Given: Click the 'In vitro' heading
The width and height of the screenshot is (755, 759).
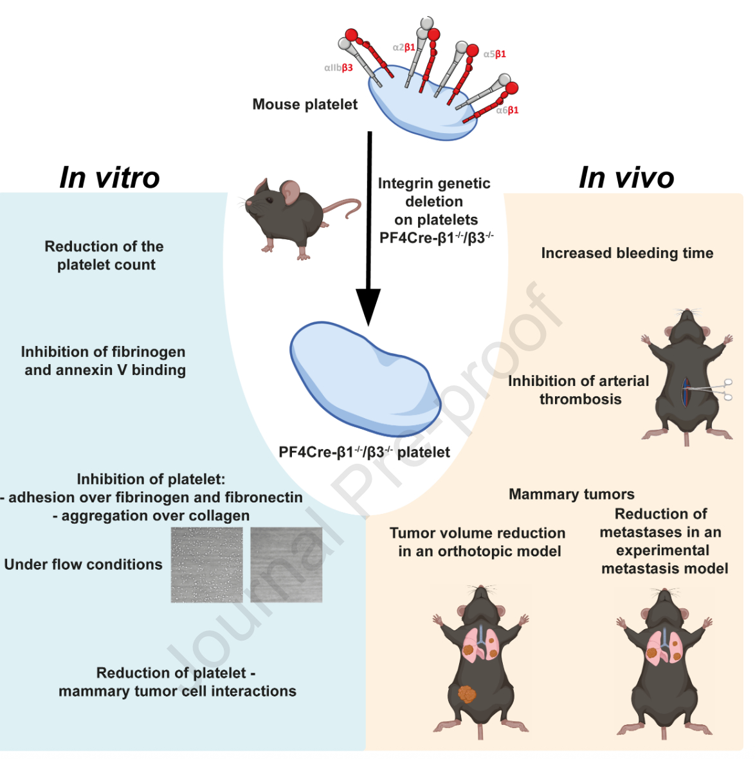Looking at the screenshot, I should coord(109,178).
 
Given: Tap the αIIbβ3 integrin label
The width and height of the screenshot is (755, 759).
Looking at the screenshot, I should coord(338,68).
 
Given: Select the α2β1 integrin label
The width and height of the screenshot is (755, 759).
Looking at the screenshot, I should coord(404,47).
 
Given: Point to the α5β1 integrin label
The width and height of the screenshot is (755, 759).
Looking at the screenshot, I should coord(495,54).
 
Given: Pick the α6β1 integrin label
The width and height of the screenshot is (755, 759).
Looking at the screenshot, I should coord(507,110).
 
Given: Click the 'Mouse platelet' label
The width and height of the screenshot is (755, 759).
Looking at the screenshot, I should coord(305,104).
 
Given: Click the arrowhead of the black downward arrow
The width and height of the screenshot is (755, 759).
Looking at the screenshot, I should coord(368,306).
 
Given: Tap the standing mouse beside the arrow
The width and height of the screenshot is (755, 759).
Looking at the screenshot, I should coord(289,215).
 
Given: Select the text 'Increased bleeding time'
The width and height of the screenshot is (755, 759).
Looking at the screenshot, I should coord(627,253).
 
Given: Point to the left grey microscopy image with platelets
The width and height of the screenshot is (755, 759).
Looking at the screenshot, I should coord(206,565).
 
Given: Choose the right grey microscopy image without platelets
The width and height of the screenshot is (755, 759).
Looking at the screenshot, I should coord(286,565).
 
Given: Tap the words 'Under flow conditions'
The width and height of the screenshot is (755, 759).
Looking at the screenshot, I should coord(84,565).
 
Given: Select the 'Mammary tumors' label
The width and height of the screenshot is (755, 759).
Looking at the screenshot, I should coord(571,495).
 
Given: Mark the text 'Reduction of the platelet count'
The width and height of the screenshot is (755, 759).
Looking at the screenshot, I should coord(105,255).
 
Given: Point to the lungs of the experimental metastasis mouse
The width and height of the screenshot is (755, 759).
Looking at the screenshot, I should coord(664,647).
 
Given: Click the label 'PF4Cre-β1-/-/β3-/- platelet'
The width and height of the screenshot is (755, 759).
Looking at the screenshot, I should coord(364,452).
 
